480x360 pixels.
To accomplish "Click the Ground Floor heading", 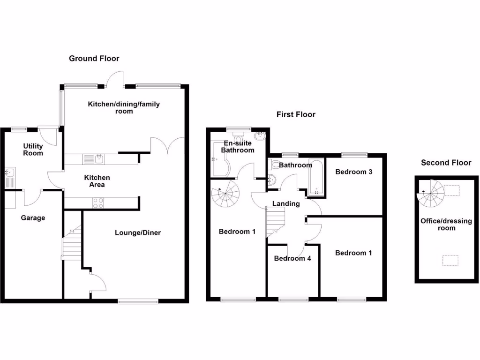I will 94,59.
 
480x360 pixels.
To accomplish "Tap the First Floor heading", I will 296,114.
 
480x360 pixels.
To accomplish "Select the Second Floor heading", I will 446,163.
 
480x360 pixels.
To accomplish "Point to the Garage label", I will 33,218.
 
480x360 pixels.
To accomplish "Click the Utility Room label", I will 33,150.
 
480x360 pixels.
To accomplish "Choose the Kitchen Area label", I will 97,181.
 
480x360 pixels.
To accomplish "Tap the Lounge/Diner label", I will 138,232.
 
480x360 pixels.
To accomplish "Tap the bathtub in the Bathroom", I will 316,177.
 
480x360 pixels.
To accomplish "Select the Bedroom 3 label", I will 354,172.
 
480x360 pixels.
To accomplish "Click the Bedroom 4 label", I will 292,258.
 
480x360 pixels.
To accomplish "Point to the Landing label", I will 286,203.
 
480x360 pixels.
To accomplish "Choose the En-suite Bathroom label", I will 238,147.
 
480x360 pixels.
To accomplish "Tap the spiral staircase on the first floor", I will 225,197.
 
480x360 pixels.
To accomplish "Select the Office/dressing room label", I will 446,225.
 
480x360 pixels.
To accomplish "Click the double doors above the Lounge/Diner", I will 167,145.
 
